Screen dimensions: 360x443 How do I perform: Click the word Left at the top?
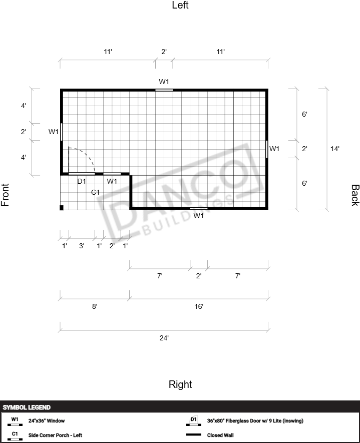[x=180, y=5]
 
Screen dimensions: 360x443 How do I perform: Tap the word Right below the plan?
[x=180, y=384]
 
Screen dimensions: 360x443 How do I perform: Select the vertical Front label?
[x=5, y=195]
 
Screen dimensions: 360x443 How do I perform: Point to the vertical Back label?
[x=355, y=195]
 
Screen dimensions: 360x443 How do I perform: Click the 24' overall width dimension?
[x=164, y=338]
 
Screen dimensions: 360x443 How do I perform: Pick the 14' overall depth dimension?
[x=335, y=149]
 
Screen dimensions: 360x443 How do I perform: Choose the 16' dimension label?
[x=199, y=306]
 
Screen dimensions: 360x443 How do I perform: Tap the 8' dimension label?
[x=95, y=306]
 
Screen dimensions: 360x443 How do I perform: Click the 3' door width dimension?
[x=82, y=246]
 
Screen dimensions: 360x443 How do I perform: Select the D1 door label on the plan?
[x=82, y=181]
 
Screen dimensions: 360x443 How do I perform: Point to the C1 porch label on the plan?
[x=95, y=192]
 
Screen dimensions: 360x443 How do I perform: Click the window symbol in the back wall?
[x=266, y=149]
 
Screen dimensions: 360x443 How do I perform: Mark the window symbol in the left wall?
[x=164, y=90]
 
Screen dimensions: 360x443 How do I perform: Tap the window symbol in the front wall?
[x=61, y=132]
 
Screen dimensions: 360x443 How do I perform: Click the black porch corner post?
[x=62, y=208]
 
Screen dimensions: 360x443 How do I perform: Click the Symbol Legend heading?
[x=27, y=407]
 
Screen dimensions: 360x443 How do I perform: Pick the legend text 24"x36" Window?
[x=47, y=420]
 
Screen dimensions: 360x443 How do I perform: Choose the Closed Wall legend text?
[x=220, y=435]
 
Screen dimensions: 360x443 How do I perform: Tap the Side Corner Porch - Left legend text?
[x=55, y=435]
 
